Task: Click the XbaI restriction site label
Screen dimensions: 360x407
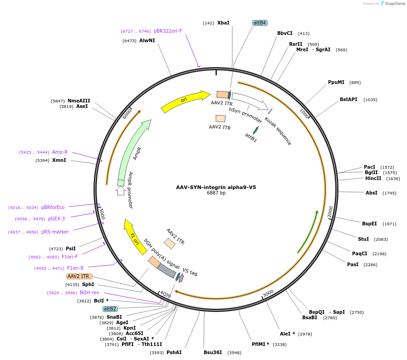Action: [x=223, y=23]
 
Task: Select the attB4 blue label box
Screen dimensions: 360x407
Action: [x=260, y=23]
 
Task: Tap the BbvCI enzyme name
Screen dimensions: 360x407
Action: [x=285, y=33]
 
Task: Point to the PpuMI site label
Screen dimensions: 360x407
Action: [x=336, y=83]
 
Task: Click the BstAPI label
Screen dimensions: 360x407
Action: [x=348, y=100]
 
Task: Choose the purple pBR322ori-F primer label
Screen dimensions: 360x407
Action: [x=168, y=31]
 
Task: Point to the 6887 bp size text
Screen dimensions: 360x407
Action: [x=216, y=193]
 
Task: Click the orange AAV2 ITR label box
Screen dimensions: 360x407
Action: [x=79, y=276]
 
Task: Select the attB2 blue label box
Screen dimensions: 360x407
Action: [x=110, y=309]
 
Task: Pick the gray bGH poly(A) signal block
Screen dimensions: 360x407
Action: [x=167, y=271]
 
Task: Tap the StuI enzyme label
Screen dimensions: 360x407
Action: [x=363, y=239]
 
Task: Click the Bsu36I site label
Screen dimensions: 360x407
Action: [x=213, y=352]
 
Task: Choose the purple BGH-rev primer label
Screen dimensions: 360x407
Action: [x=89, y=293]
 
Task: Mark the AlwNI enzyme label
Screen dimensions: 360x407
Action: [x=147, y=41]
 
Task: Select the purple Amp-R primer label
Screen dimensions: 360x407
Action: [x=60, y=152]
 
